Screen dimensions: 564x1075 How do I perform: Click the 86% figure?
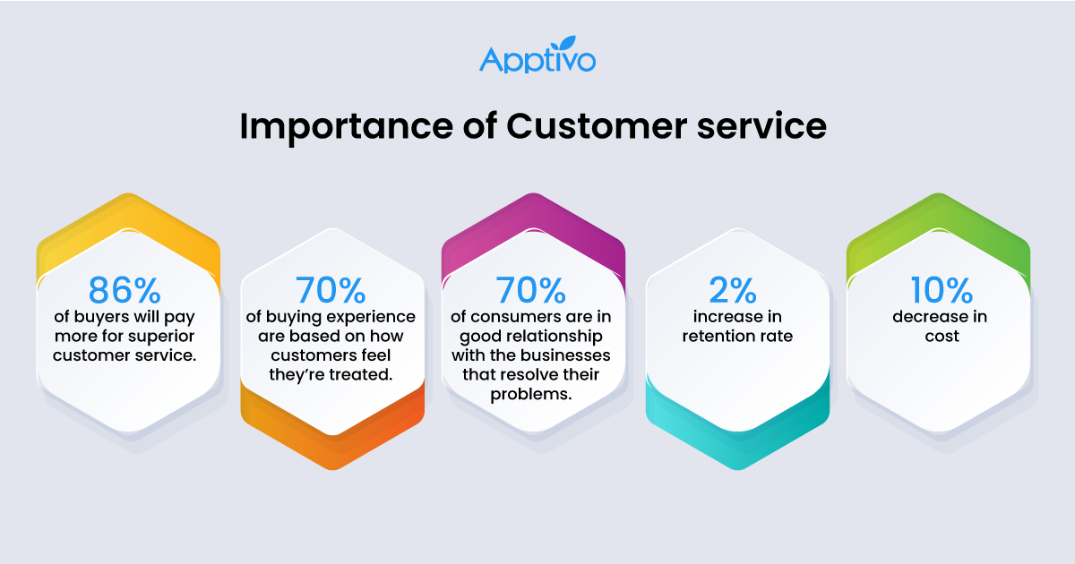tap(125, 291)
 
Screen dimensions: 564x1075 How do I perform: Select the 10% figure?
tap(938, 291)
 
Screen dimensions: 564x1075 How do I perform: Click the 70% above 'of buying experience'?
tap(330, 291)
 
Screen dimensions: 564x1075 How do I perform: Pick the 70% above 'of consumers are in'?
tap(531, 291)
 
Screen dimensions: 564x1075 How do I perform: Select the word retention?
tap(713, 337)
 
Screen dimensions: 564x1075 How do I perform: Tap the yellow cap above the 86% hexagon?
tap(129, 224)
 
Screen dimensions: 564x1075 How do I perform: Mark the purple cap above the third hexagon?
tap(533, 224)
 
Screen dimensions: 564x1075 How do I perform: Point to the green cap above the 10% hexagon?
tap(938, 224)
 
